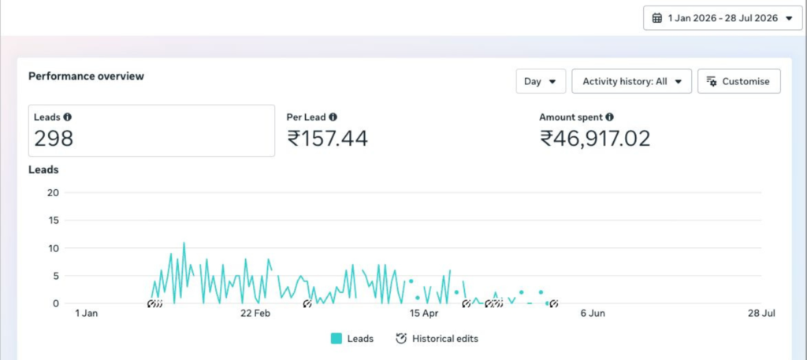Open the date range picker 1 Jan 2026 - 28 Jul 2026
(x=723, y=18)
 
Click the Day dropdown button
(x=541, y=81)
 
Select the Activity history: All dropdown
(x=631, y=81)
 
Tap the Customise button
(x=738, y=81)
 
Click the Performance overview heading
(x=87, y=76)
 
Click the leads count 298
(x=54, y=139)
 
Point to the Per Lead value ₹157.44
(x=327, y=139)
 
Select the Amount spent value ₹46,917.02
(x=595, y=139)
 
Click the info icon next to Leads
(x=68, y=117)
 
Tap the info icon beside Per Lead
(x=333, y=117)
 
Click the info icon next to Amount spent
(x=609, y=117)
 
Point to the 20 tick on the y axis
(x=54, y=193)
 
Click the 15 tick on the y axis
(x=54, y=221)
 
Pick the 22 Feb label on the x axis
(x=256, y=314)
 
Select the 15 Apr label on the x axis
(x=424, y=314)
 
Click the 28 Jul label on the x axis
(x=761, y=314)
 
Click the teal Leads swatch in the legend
(x=336, y=339)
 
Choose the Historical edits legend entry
(x=437, y=339)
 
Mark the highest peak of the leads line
(x=184, y=243)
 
